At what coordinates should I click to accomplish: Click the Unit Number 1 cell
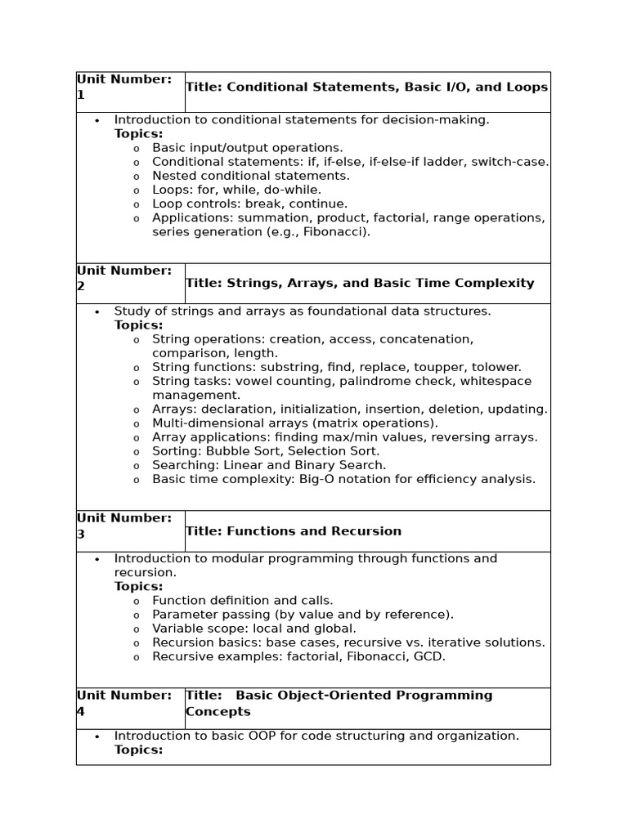(130, 87)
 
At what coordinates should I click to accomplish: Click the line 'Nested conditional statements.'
(251, 176)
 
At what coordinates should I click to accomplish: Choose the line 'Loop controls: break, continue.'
(249, 204)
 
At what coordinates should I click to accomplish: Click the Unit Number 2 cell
(130, 279)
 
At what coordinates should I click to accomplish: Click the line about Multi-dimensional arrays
(295, 423)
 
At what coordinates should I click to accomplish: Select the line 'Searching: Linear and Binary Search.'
(269, 464)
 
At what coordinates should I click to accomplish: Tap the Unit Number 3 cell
(130, 526)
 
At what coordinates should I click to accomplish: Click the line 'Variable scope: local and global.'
(254, 629)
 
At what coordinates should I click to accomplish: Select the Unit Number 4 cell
(130, 704)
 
